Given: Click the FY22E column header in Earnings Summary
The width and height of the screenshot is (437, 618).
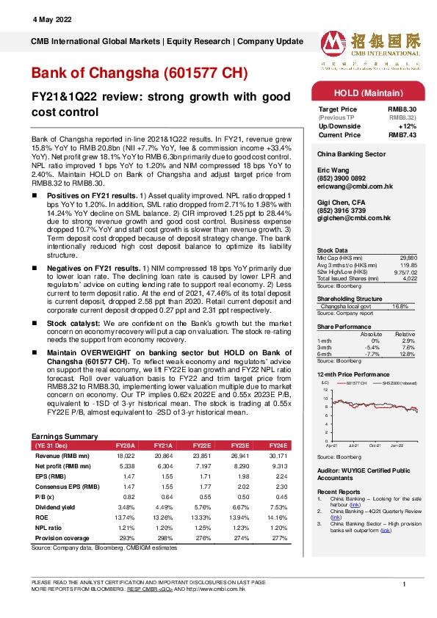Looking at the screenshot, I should point(201,446).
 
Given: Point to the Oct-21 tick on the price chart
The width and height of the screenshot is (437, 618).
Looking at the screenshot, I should point(375,446).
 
